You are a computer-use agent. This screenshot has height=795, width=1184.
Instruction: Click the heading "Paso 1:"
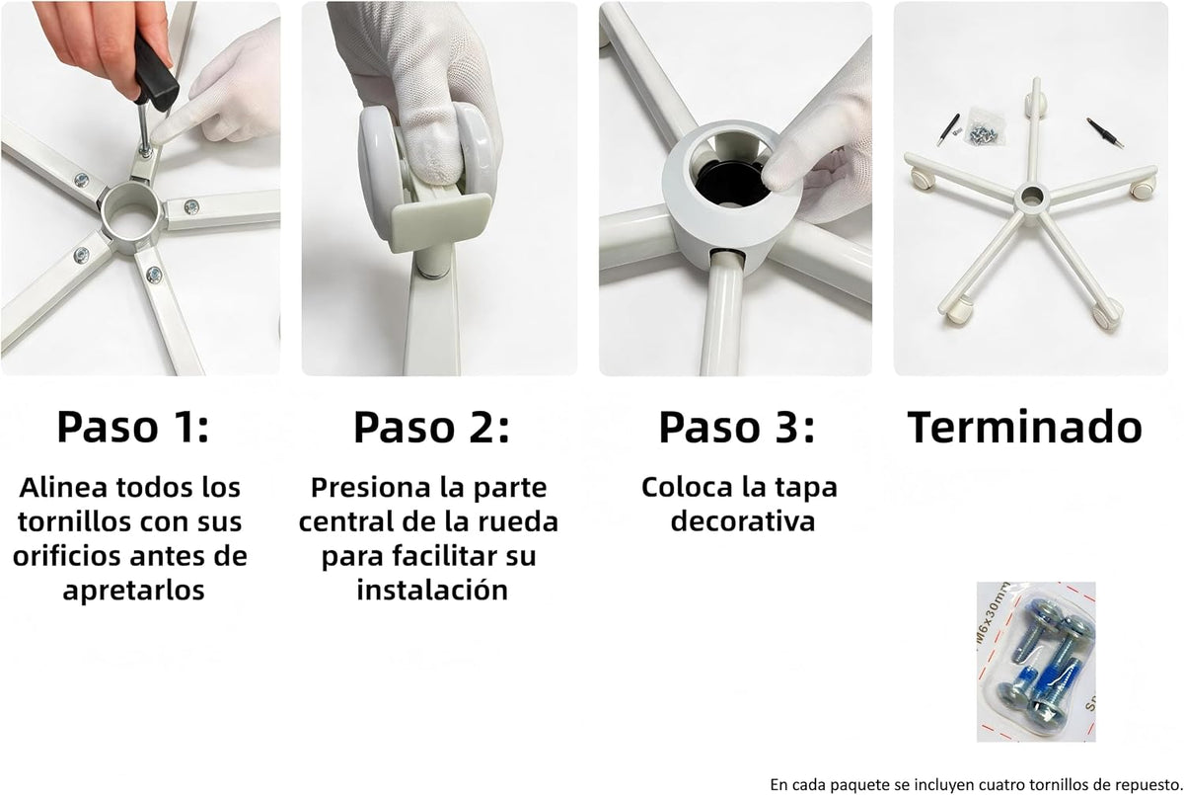[133, 427]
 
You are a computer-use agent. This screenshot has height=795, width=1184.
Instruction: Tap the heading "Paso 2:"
[431, 427]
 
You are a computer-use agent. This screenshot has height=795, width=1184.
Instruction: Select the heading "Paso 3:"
[737, 427]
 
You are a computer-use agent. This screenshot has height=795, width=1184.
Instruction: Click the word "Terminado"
[1025, 427]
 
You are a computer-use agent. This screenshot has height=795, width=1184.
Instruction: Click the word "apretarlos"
[134, 590]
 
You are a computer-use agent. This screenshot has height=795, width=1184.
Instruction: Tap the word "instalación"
[432, 590]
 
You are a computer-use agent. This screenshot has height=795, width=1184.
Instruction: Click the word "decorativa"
[743, 521]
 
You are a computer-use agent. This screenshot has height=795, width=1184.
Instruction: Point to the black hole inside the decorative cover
[732, 184]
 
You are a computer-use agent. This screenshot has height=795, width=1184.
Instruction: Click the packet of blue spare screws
[1035, 662]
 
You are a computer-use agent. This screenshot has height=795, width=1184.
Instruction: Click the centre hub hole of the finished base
[1029, 197]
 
